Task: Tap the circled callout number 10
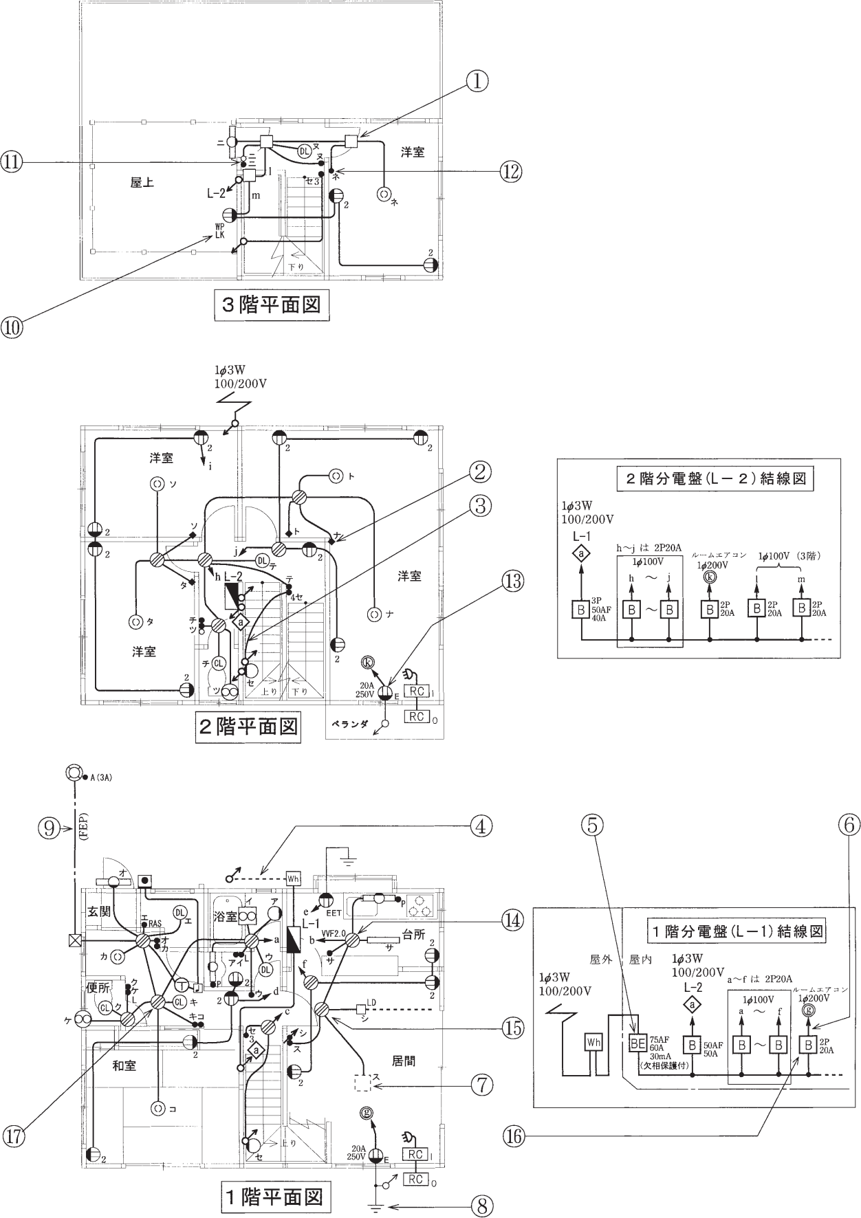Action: click(12, 326)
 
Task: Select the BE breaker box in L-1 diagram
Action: click(637, 1043)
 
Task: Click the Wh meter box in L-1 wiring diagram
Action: click(593, 1043)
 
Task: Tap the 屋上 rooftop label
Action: click(142, 183)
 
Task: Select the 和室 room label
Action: click(124, 1065)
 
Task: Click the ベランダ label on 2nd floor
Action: click(351, 724)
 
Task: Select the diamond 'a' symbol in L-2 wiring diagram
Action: click(581, 553)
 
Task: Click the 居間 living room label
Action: click(404, 1061)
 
